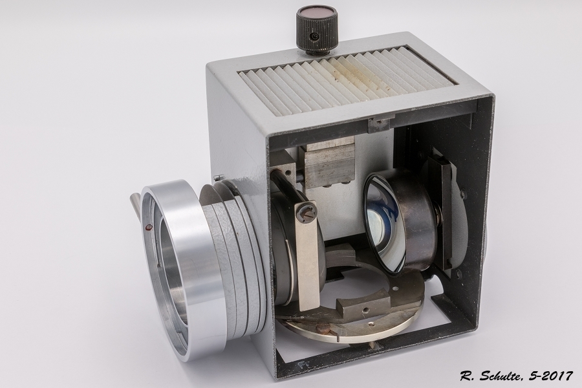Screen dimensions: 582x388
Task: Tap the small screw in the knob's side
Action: coord(315,36)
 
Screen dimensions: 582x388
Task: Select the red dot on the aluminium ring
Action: coord(149,227)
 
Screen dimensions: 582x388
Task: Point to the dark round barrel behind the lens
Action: coord(420,226)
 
